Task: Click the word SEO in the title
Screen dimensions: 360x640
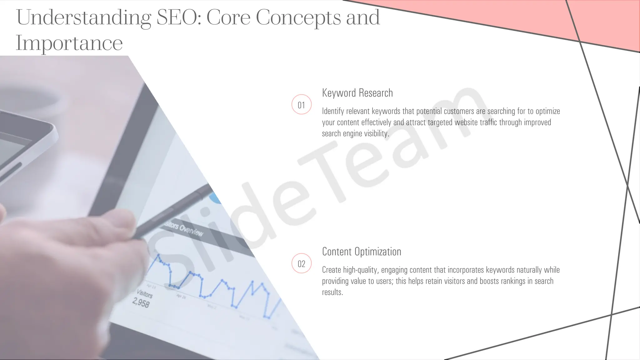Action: (x=177, y=17)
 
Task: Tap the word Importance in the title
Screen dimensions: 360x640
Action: (x=69, y=43)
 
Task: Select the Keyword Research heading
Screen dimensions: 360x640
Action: (x=357, y=93)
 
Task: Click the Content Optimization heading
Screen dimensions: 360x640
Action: (x=362, y=252)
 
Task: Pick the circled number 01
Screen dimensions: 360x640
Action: (x=301, y=105)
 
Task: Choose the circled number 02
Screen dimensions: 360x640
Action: (x=301, y=263)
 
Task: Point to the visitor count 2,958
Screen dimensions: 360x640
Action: (x=141, y=302)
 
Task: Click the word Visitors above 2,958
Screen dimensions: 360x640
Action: (x=144, y=294)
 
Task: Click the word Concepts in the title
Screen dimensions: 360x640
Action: (x=298, y=17)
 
